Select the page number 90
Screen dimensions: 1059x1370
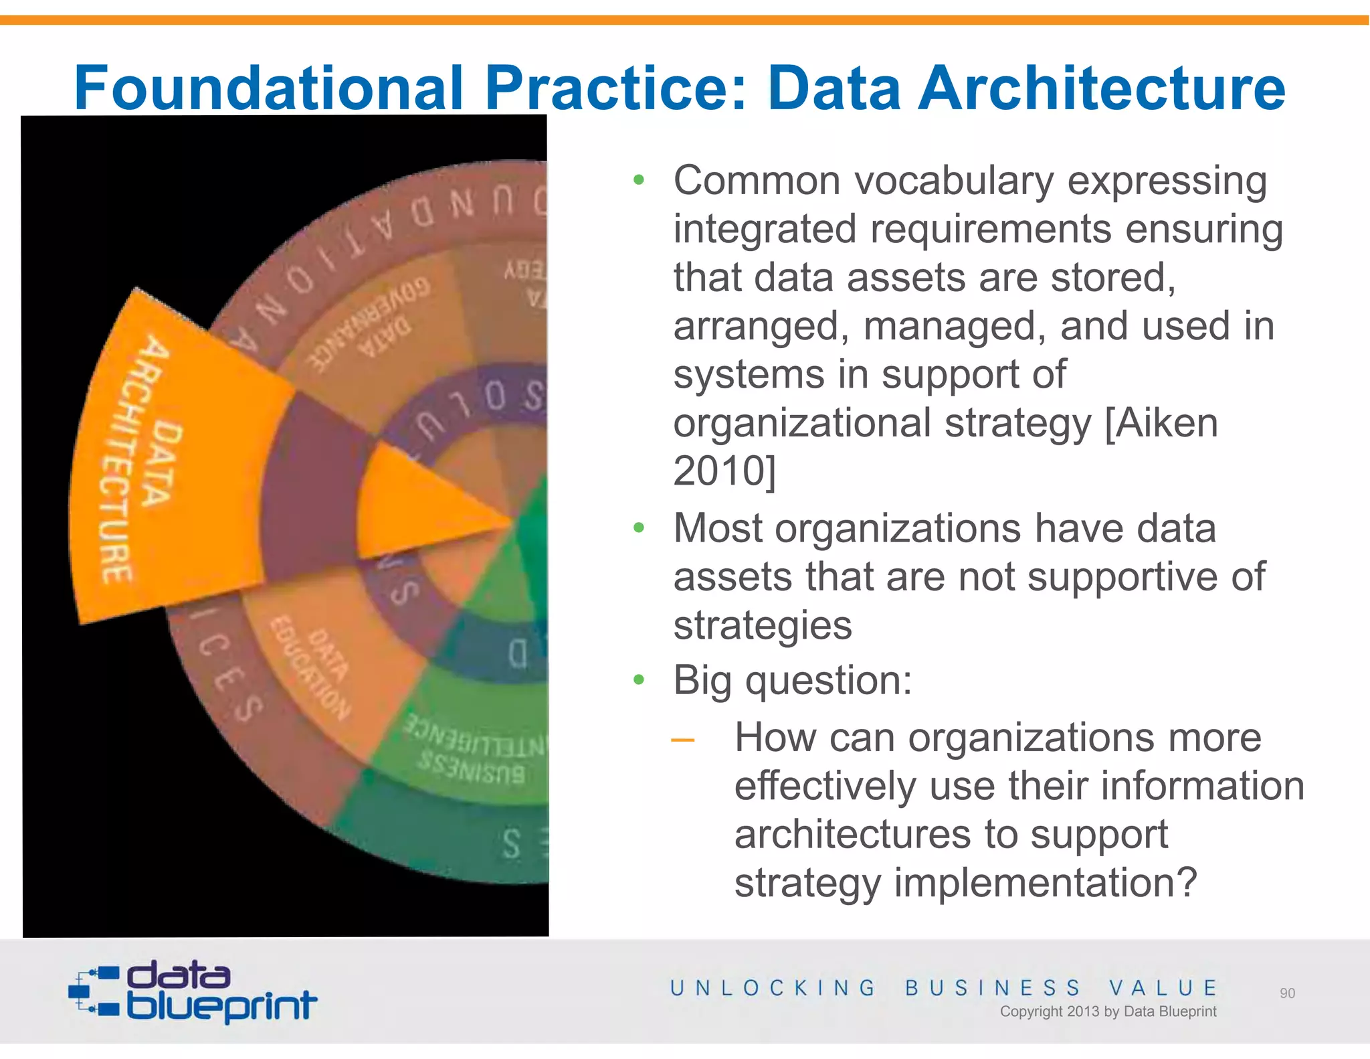pos(1287,993)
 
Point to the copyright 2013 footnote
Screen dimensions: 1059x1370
pos(1108,1011)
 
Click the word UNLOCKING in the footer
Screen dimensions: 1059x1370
pos(773,988)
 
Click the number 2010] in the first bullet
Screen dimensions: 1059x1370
pos(724,471)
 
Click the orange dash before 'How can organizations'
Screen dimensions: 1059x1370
pos(683,740)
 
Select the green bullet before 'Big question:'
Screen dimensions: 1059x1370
pos(639,681)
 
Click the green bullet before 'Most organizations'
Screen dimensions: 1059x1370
pos(639,528)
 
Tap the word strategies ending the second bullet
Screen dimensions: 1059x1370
pos(763,625)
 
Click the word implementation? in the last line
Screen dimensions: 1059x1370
pos(1045,883)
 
